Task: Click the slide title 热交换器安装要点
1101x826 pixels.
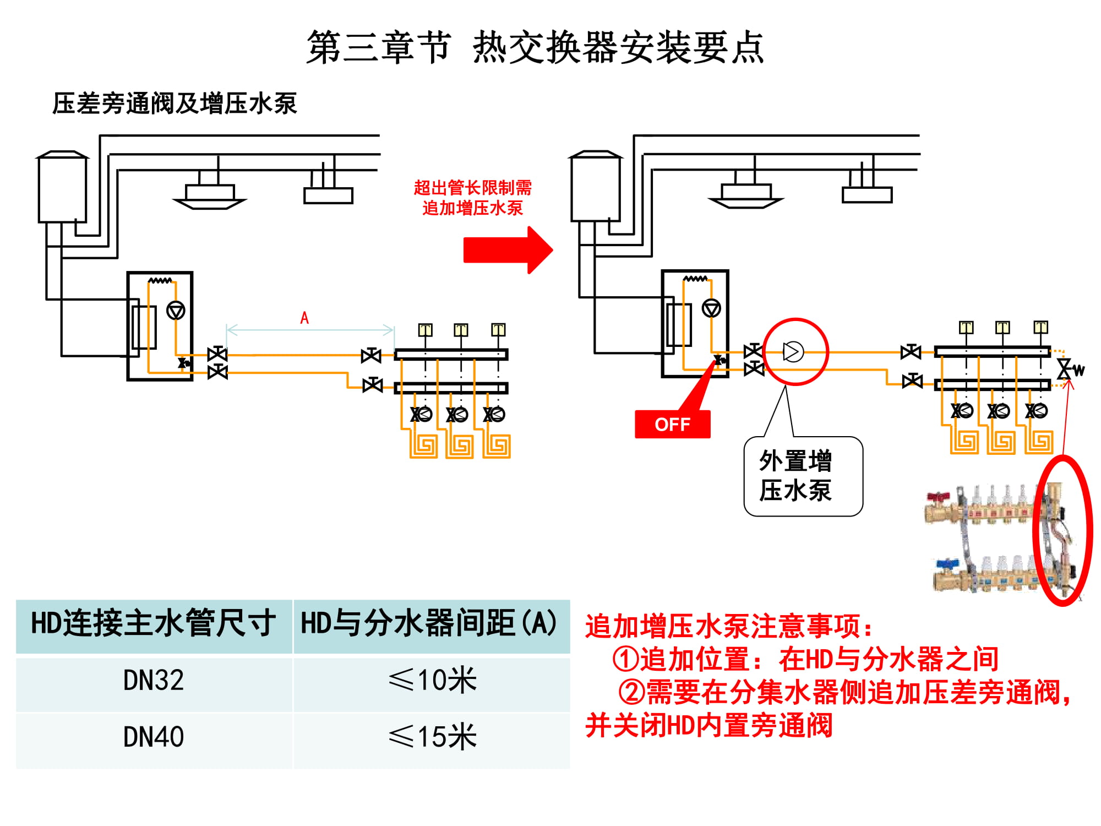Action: click(x=618, y=48)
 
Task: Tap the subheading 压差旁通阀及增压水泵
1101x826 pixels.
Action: click(x=175, y=104)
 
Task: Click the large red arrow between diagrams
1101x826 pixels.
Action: click(x=508, y=250)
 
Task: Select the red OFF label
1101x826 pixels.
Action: click(x=672, y=425)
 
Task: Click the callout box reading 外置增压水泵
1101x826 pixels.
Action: click(x=803, y=476)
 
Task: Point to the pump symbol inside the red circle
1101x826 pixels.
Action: click(x=793, y=352)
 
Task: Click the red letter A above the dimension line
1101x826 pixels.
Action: click(x=304, y=318)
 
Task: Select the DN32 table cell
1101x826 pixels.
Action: click(x=154, y=681)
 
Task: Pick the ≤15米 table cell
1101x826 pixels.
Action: click(x=432, y=737)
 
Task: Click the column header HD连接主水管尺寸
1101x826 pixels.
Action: click(x=154, y=624)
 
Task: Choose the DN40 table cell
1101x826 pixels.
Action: click(x=154, y=737)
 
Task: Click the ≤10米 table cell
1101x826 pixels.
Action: click(x=432, y=681)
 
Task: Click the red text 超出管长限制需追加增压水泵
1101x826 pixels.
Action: click(x=472, y=198)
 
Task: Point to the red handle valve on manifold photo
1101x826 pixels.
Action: click(x=938, y=498)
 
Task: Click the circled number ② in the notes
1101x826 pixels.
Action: click(x=631, y=692)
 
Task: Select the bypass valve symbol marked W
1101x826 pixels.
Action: click(x=1066, y=369)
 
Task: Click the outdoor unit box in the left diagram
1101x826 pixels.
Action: click(x=62, y=187)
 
